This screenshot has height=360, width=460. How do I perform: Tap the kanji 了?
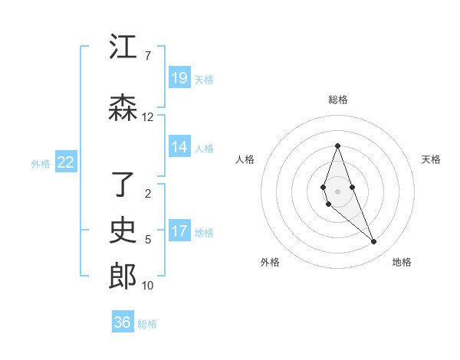(123, 184)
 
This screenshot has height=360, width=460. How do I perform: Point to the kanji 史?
(123, 230)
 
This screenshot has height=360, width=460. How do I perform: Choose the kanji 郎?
(123, 276)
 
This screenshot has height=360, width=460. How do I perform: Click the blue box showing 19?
(179, 77)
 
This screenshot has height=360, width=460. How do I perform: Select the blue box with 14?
(179, 147)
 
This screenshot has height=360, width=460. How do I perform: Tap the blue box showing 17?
(179, 231)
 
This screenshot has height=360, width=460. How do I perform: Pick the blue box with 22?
(66, 162)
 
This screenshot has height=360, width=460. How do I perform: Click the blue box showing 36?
(123, 322)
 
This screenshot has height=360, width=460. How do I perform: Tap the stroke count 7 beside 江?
(147, 56)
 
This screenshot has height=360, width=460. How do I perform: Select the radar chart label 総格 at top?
(337, 100)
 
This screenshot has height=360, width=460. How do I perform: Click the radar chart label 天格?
(431, 159)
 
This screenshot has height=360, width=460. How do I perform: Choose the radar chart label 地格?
(402, 262)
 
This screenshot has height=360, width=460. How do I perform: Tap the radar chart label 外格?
(270, 262)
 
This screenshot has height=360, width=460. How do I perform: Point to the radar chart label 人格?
(245, 159)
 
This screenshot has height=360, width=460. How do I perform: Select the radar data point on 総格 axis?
(337, 146)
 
